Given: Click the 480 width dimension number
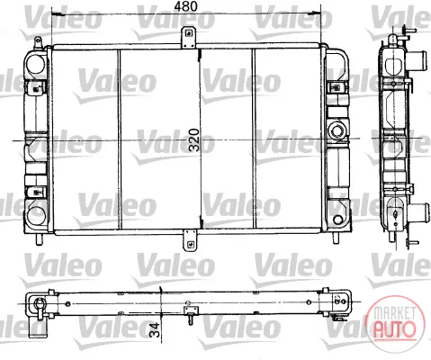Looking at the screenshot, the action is [186, 6].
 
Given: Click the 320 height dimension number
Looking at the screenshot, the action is [194, 139].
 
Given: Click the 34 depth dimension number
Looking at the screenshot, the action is [155, 330].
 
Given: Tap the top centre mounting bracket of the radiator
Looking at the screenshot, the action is [189, 37].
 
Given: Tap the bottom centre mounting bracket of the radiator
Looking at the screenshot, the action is [189, 240].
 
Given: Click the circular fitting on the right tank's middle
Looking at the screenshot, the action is [337, 130].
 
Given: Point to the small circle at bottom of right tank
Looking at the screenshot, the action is [337, 220].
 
